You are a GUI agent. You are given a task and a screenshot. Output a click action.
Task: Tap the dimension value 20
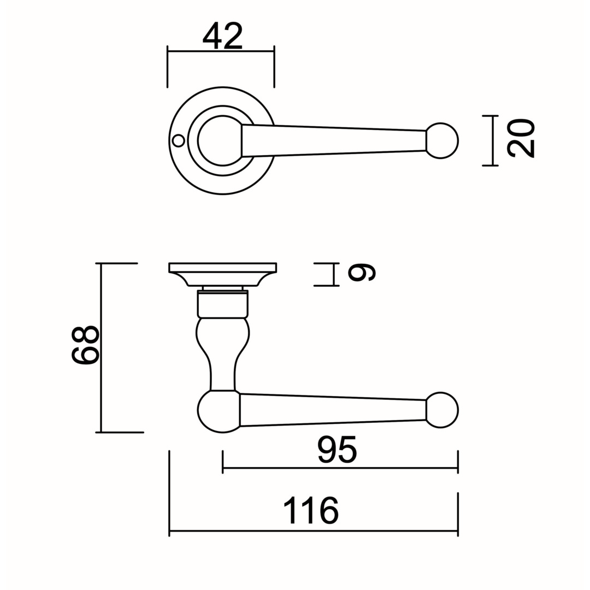[x=521, y=138]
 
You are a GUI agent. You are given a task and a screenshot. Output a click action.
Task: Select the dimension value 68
[x=85, y=345]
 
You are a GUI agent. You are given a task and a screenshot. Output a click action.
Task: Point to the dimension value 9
[x=362, y=273]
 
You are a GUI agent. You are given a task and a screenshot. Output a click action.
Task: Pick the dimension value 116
[x=311, y=511]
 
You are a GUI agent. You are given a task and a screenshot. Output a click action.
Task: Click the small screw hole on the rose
[x=178, y=141]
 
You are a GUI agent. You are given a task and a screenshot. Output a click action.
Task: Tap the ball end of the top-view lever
[x=442, y=141]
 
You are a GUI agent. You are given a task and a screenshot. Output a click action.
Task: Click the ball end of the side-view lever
[x=442, y=410]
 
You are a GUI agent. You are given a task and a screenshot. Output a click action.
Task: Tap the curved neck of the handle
[x=223, y=353]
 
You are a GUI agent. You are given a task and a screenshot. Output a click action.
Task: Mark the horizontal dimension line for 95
[x=340, y=469]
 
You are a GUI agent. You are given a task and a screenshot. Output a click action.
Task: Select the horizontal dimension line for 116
[x=314, y=532]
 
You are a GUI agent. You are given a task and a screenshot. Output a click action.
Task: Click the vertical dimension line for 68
[x=101, y=347]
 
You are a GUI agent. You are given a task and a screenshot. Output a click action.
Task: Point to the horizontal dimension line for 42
[x=221, y=51]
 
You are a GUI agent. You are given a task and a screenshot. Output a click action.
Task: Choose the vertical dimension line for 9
[x=333, y=275]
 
